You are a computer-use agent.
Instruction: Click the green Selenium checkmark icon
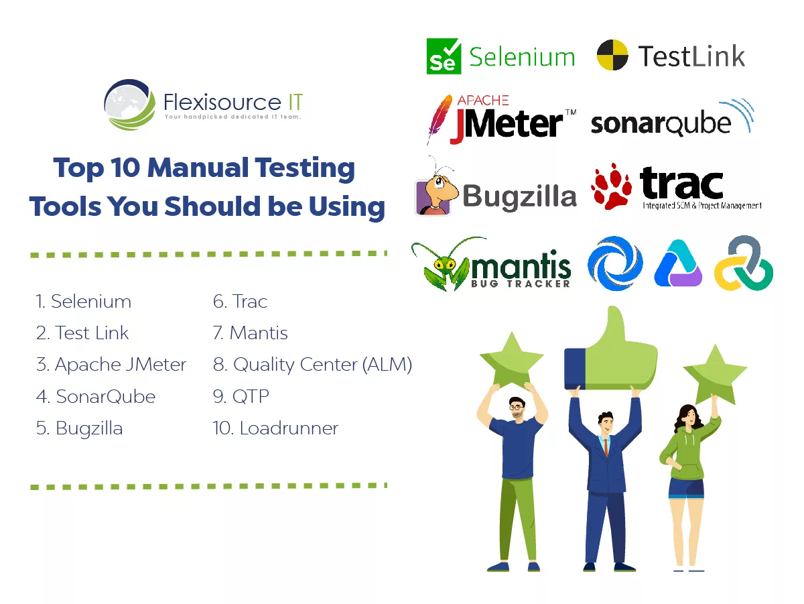tap(444, 56)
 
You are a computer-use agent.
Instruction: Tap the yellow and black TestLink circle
tap(612, 55)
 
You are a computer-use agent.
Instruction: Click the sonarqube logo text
tap(660, 123)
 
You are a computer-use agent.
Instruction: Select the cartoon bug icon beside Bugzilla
tap(435, 190)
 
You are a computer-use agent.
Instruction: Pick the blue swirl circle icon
tap(614, 263)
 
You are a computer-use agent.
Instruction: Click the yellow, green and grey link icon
tap(743, 263)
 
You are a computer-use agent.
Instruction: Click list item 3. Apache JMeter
tap(111, 365)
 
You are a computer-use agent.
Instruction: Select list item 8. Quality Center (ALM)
tap(312, 365)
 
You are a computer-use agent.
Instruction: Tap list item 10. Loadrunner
tap(275, 428)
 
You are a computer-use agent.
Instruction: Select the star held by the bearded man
tap(511, 361)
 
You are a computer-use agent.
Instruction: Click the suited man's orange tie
tap(605, 445)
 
